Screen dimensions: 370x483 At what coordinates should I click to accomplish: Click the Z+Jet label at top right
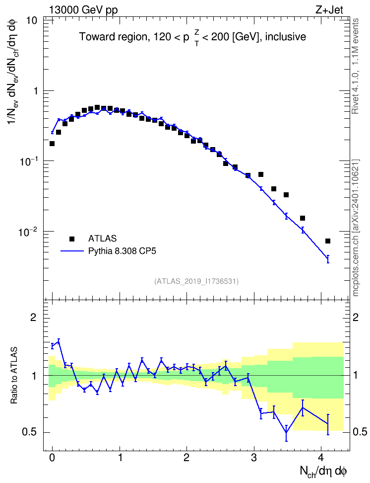click(x=329, y=10)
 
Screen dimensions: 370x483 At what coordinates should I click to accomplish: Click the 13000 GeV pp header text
click(x=83, y=10)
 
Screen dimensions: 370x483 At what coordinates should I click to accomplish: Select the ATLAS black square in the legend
click(x=72, y=239)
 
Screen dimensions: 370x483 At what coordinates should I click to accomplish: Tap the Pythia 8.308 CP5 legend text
click(x=122, y=251)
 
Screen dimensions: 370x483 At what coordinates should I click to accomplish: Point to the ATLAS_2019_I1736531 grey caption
click(x=196, y=281)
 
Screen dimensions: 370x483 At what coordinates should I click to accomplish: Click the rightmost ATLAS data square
click(x=327, y=241)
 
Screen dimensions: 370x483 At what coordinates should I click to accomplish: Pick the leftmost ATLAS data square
click(x=52, y=144)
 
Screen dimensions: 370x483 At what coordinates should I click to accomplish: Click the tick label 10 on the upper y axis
click(x=32, y=21)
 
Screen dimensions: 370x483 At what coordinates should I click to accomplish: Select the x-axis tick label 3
click(x=254, y=457)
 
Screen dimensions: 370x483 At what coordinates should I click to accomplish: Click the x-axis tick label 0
click(x=52, y=457)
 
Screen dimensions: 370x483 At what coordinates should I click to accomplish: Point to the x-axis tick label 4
click(x=321, y=457)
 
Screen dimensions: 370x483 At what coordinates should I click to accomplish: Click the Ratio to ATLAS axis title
click(x=14, y=376)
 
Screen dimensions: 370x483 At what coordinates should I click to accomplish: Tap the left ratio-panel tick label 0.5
click(x=29, y=432)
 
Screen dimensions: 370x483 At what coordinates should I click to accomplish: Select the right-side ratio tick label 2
click(x=356, y=317)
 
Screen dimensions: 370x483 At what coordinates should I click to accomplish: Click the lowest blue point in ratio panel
click(x=286, y=432)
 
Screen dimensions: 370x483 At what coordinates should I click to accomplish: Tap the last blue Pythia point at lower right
click(x=328, y=259)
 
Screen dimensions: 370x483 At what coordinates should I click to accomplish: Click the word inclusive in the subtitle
click(x=285, y=37)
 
